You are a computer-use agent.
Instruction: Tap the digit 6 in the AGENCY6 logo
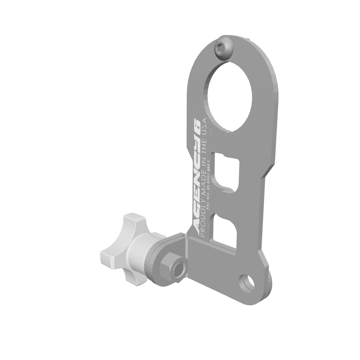click(x=197, y=124)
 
